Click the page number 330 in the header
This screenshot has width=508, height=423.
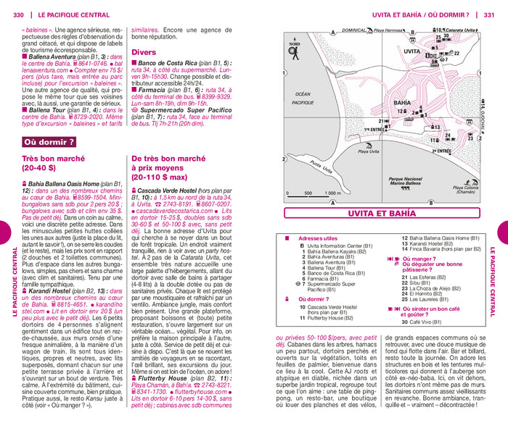[18, 14]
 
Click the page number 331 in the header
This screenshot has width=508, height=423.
[490, 14]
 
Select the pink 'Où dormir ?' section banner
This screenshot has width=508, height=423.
[50, 142]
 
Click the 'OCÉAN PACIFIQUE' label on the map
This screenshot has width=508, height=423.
[298, 99]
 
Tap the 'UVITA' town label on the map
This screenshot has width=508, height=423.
[411, 52]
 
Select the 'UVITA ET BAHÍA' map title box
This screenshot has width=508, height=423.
[382, 213]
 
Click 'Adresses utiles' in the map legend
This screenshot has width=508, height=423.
[318, 238]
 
